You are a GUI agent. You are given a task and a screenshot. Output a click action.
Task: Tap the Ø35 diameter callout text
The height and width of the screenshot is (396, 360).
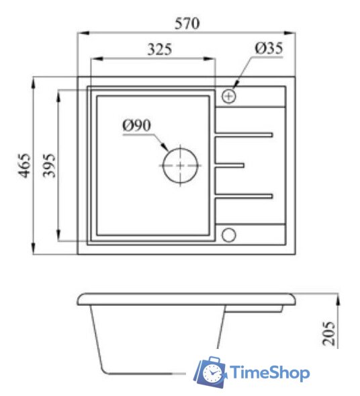coord(269,48)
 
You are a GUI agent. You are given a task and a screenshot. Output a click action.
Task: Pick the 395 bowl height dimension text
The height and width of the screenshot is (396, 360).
coord(48,165)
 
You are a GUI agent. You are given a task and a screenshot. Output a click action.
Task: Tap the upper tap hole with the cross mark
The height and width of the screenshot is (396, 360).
coord(229,96)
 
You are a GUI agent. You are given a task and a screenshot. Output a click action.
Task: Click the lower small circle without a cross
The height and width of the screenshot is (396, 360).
coord(228,235)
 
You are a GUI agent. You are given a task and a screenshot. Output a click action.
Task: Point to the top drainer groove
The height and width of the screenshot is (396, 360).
coord(244,135)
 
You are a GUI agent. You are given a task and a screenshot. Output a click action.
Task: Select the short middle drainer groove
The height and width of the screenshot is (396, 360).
coord(229,165)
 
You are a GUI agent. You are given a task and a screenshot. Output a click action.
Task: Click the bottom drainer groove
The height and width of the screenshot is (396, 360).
coord(244,196)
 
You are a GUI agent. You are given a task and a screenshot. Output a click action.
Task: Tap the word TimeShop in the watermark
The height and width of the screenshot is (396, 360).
coord(269,372)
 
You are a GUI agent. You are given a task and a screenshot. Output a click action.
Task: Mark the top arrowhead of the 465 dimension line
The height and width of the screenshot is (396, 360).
coord(35,81)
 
